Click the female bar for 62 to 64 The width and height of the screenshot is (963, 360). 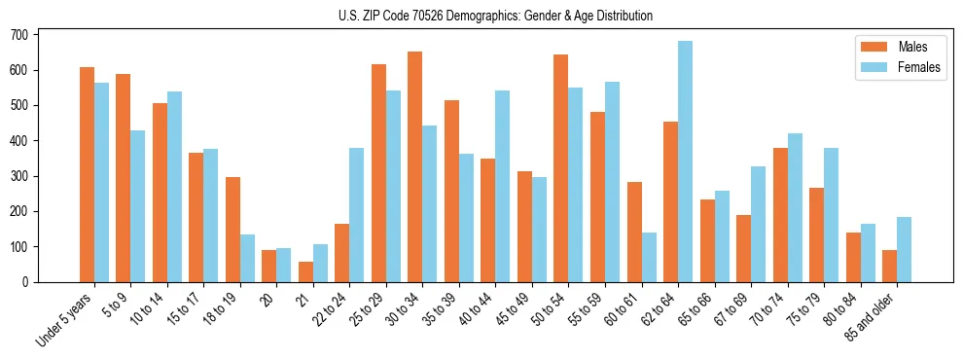click(x=685, y=162)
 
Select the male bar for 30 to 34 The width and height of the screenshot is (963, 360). click(x=414, y=166)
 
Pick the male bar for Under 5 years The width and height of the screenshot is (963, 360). click(x=87, y=174)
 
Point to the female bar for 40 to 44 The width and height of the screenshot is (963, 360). click(x=502, y=186)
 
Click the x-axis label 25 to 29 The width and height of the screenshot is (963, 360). click(x=367, y=309)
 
